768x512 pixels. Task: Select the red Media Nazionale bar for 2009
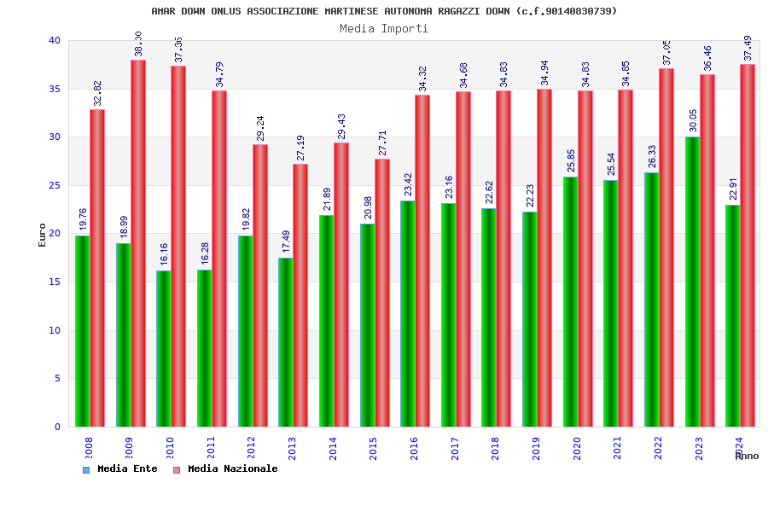click(x=138, y=243)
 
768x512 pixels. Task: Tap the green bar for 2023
click(x=692, y=282)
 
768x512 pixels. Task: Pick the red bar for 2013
click(x=300, y=295)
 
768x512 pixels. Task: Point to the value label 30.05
click(x=693, y=121)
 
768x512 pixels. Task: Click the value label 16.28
click(x=205, y=254)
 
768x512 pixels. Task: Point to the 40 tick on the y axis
click(x=55, y=40)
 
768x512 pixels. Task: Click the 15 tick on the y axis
click(x=55, y=282)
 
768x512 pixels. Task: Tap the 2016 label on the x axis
click(x=414, y=448)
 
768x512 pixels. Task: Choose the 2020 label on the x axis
click(x=577, y=448)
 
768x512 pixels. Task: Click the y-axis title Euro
click(x=43, y=235)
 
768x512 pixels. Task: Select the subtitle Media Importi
click(x=384, y=28)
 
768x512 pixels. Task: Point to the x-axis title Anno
click(x=747, y=456)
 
